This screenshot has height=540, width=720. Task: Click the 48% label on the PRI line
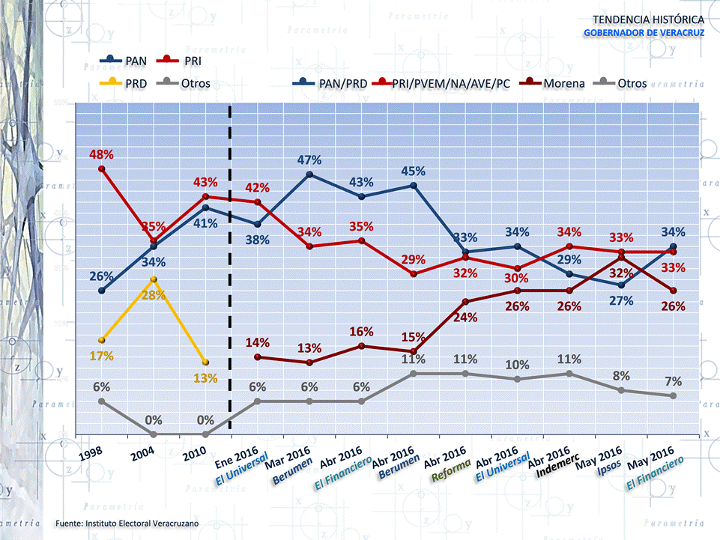[x=101, y=154]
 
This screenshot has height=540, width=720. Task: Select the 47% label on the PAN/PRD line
[x=309, y=160]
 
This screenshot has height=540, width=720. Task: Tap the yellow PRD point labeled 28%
[x=153, y=279]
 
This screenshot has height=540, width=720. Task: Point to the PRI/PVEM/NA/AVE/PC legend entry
[x=442, y=83]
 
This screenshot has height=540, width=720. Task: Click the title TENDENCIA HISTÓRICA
[x=647, y=19]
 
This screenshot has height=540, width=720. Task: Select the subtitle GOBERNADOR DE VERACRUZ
[x=644, y=33]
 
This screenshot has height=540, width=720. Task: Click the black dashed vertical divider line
[x=230, y=270]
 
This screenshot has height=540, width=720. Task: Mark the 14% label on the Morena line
[x=258, y=342]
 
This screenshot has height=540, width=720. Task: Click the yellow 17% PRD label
[x=101, y=356]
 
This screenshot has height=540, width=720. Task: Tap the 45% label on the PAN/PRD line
[x=414, y=171]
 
